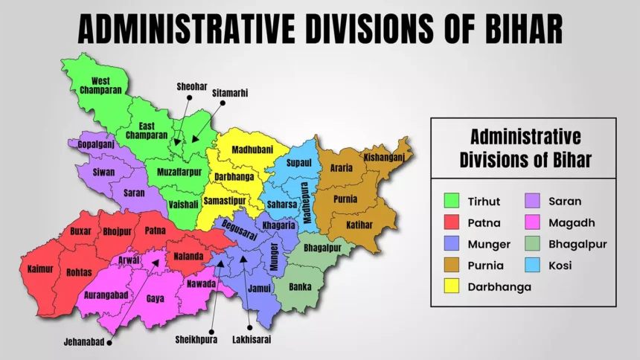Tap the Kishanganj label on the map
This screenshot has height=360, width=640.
pyautogui.click(x=384, y=157)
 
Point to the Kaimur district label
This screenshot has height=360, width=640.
pyautogui.click(x=40, y=269)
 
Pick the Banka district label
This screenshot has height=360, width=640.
pyautogui.click(x=300, y=286)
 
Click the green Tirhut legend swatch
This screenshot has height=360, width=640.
pyautogui.click(x=450, y=201)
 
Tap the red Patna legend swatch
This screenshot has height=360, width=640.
pyautogui.click(x=450, y=222)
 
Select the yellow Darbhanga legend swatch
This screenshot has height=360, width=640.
pyautogui.click(x=450, y=286)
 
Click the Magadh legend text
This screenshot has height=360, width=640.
pyautogui.click(x=572, y=222)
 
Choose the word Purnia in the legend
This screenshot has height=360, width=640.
pyautogui.click(x=485, y=265)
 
